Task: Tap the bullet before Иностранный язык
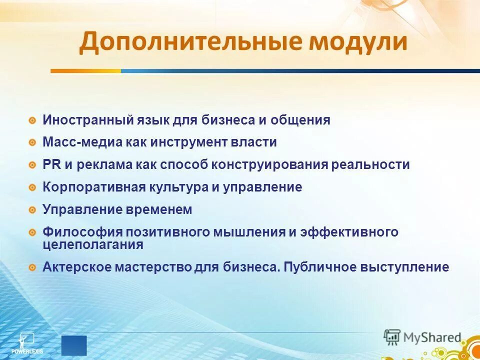32,120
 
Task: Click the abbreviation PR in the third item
50,165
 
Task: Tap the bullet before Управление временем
32,210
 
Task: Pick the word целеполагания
93,245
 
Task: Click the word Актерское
76,267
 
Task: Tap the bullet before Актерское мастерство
32,267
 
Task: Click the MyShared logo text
432,337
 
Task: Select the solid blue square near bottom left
74,345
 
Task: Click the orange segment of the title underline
85,71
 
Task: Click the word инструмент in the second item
193,142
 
